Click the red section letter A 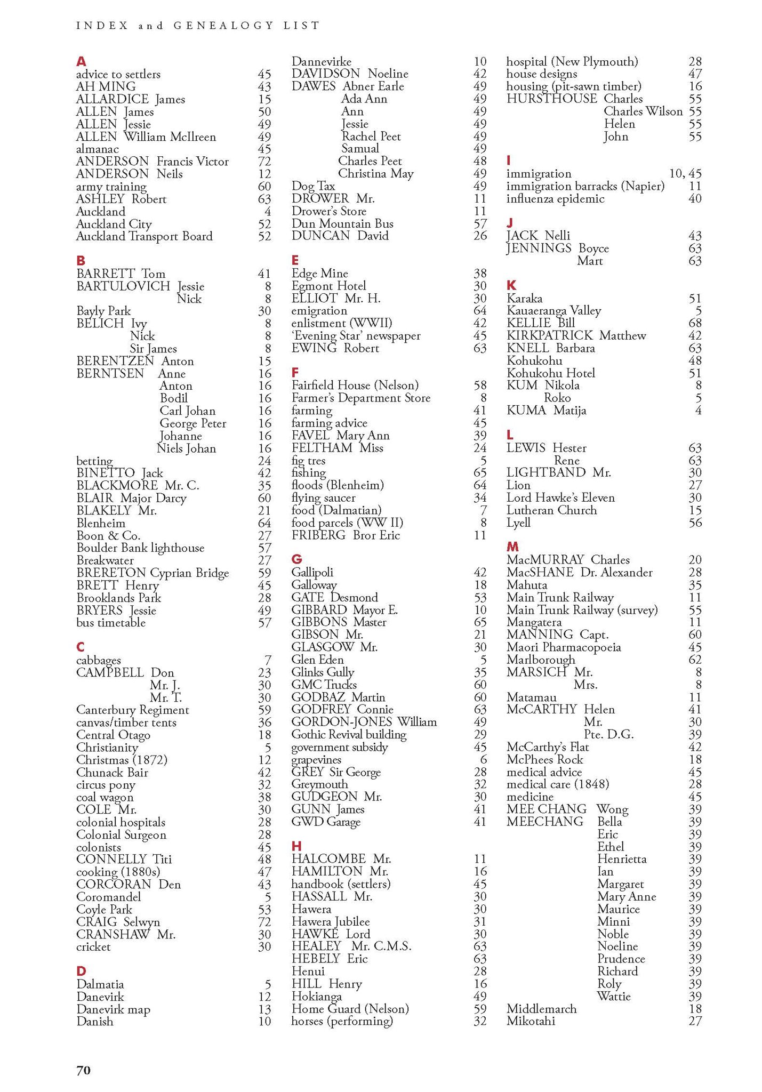[81, 62]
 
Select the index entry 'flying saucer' [323, 498]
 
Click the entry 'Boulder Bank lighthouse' [140, 548]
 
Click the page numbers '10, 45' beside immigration [685, 174]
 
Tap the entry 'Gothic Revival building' [349, 735]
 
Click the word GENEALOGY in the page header [223, 25]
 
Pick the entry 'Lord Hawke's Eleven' [560, 498]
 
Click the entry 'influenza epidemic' [555, 199]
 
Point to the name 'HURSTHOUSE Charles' [574, 99]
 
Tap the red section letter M [512, 547]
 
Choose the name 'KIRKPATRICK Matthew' [576, 336]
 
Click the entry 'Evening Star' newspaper [356, 336]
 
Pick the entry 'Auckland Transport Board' [144, 237]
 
